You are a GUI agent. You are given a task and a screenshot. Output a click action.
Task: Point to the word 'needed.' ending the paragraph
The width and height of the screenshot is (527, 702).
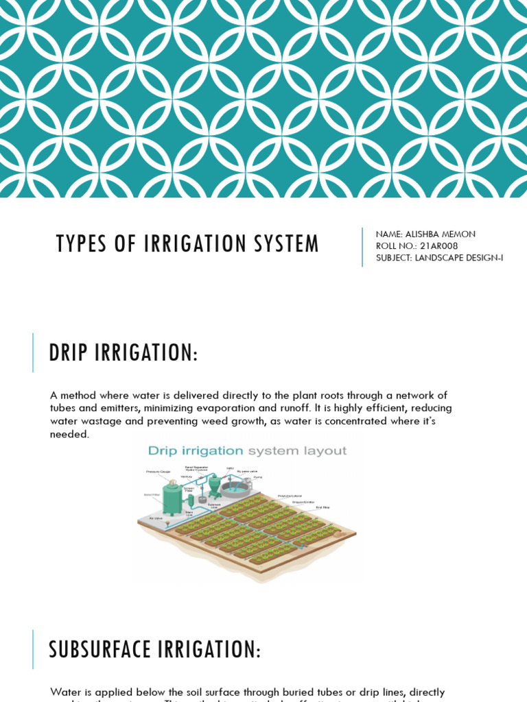coord(69,434)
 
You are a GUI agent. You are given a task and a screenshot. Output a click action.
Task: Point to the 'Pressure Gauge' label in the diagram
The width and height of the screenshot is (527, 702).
coord(157,472)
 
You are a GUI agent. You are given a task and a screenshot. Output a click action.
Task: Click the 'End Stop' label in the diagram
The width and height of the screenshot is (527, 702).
coord(323,507)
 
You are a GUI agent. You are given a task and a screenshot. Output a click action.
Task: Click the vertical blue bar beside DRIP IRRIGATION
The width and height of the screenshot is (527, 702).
coord(33,352)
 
